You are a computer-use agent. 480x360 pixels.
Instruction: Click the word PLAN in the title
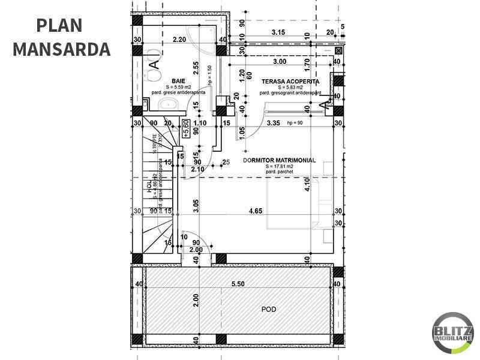point(59,25)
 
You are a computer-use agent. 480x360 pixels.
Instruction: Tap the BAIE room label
point(178,80)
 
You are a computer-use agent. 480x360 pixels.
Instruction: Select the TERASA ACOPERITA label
point(290,80)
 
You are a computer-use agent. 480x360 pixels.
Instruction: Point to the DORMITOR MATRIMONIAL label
point(279,160)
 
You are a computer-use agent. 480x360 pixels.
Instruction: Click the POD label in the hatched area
point(269,310)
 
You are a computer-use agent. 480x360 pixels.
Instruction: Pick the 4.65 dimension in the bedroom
point(254,211)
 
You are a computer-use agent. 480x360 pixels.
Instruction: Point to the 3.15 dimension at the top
point(278,32)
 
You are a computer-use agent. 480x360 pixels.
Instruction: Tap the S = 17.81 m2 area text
point(277,167)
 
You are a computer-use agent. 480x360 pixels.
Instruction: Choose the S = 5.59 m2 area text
point(178,87)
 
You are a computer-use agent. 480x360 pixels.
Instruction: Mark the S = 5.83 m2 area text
point(289,87)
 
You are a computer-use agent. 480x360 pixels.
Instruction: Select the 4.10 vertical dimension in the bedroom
point(307,183)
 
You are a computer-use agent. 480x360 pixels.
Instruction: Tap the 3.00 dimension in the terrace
point(278,61)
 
